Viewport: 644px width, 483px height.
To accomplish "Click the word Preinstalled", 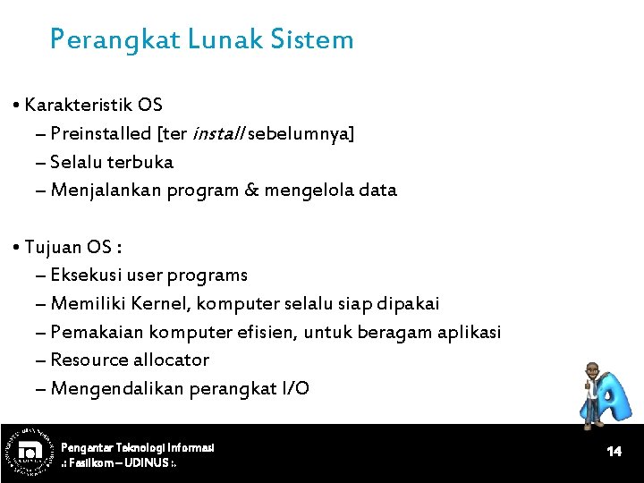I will pos(101,134).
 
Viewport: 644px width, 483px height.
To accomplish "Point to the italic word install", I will pos(216,134).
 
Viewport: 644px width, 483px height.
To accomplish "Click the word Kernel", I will pos(161,304).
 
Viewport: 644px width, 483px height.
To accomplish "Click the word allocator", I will pos(171,360).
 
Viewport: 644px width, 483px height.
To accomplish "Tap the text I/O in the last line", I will pos(295,388).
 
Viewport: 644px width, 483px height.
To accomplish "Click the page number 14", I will pos(614,452).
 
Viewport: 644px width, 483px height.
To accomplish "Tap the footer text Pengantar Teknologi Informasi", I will pos(137,446).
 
